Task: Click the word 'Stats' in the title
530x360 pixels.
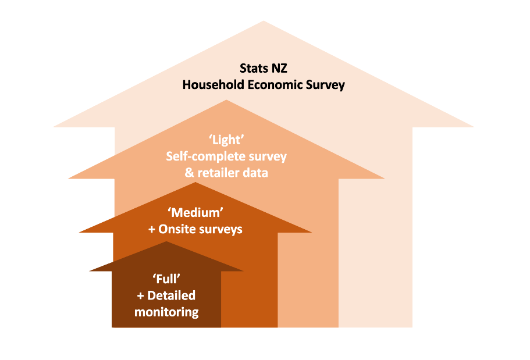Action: pos(254,68)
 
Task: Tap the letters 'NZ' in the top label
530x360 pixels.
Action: pos(279,68)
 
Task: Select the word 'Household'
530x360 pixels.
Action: pos(214,84)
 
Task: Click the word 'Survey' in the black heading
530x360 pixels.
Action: pos(325,85)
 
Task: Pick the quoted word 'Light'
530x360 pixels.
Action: pos(226,140)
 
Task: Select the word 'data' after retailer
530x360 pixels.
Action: pos(256,173)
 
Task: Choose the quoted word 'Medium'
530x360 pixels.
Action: pos(195,213)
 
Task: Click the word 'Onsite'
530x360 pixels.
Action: pos(176,229)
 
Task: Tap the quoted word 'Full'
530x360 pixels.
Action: pos(166,279)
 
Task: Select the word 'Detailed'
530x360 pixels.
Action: pos(172,295)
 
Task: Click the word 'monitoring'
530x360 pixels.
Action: pos(166,312)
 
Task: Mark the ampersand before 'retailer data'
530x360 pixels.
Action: pos(189,173)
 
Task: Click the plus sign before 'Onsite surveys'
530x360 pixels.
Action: pos(152,230)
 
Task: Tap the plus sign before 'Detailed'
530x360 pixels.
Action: pos(141,296)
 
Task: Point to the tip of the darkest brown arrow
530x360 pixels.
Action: pos(166,241)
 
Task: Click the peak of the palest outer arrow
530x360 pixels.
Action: pos(264,21)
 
